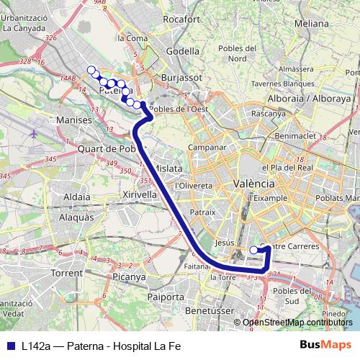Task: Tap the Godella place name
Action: [x=183, y=51]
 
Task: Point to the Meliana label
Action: [x=312, y=23]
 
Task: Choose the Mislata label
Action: [x=168, y=168]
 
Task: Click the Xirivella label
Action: [x=140, y=194]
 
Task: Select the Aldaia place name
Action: [x=77, y=196]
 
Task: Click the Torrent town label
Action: [x=68, y=274]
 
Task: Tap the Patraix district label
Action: [x=204, y=213]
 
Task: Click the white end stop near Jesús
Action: [x=253, y=250]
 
